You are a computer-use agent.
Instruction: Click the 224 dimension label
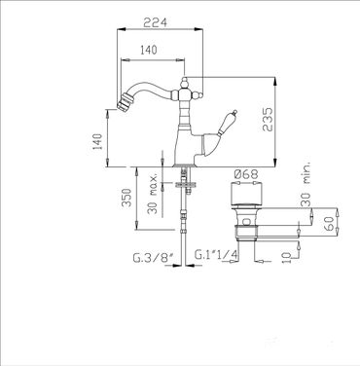coord(156,22)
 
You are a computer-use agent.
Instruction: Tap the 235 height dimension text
coord(268,120)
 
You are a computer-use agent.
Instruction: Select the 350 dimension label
coord(126,198)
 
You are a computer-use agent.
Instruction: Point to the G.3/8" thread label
coord(154,258)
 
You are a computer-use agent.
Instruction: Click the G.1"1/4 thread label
coord(216,255)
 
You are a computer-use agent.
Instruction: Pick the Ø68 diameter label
coord(246,174)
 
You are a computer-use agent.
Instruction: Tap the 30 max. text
coord(153,193)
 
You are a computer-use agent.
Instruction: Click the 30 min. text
coord(306,184)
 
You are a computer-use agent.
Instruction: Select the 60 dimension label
coord(329,224)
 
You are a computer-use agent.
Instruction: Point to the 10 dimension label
coord(287,257)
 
